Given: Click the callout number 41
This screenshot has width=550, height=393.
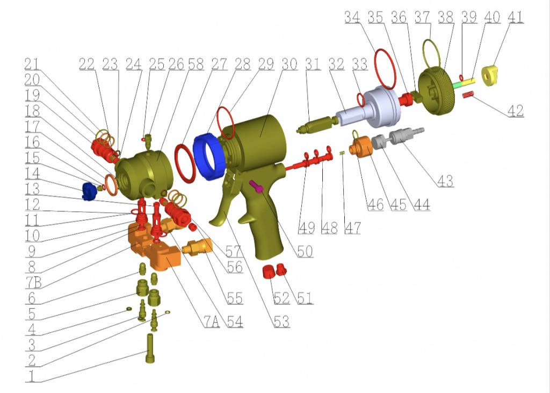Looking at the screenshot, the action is [x=515, y=17].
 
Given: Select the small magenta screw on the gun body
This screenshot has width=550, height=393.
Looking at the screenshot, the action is [x=256, y=186].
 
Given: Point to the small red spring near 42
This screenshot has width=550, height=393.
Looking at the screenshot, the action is [x=468, y=95].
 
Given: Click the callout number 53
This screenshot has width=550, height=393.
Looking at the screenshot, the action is [x=281, y=321].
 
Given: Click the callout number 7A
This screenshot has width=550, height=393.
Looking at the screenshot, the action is [x=212, y=321].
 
